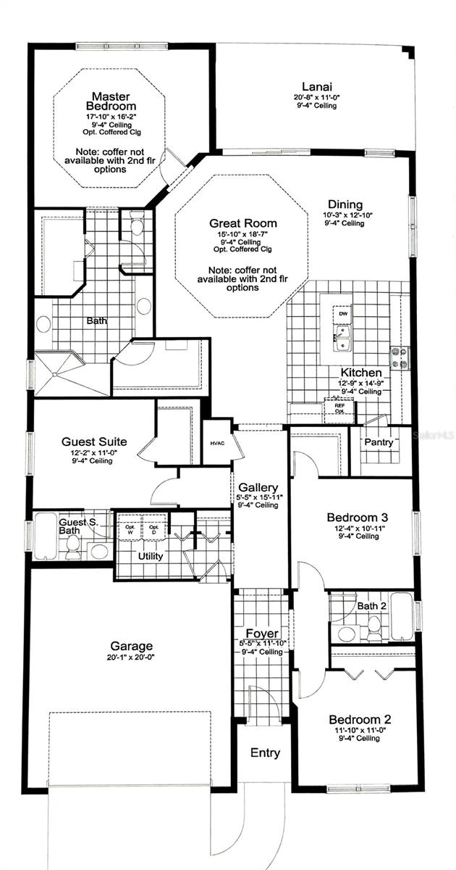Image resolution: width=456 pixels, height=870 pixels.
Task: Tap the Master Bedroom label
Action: tap(111, 101)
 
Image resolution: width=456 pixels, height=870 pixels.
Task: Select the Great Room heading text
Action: tap(243, 223)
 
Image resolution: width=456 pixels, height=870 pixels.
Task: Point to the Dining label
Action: tap(345, 204)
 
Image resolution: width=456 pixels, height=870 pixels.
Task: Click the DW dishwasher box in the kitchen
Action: tap(342, 313)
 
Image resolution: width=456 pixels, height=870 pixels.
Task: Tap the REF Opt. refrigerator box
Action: tap(339, 408)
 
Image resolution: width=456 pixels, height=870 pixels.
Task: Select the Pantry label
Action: tap(379, 442)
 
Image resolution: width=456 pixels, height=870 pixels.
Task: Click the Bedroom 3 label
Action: tap(358, 517)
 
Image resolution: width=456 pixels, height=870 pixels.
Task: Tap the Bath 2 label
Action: tap(371, 606)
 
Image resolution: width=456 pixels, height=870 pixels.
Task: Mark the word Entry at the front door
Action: tap(265, 753)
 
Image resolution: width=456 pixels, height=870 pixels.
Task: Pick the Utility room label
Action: tap(148, 556)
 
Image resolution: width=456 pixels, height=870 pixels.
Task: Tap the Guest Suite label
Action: tap(94, 441)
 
